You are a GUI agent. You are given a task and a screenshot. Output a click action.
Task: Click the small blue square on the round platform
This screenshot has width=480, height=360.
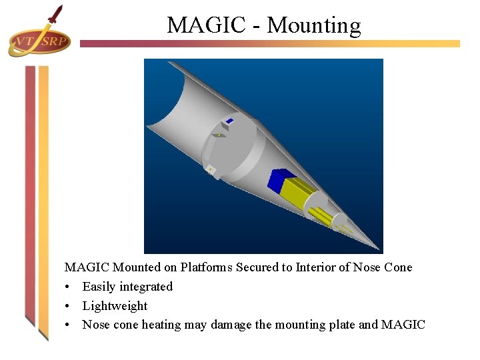click(229, 121)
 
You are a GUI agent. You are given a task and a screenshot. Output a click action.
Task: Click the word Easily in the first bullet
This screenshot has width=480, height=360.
click(98, 287)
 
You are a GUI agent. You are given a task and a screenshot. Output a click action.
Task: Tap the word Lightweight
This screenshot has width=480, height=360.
click(115, 306)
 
